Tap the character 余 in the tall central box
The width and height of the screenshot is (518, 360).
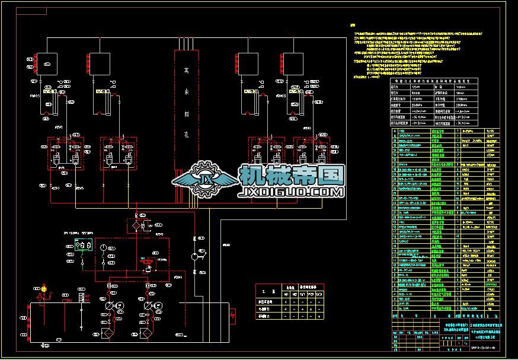coord(187,93)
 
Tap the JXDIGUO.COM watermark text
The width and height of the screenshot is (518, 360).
coord(291,193)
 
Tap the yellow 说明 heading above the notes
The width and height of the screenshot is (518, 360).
coord(354,26)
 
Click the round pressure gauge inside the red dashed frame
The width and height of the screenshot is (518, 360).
coord(102,247)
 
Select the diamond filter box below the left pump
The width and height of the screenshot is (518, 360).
coord(108,333)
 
